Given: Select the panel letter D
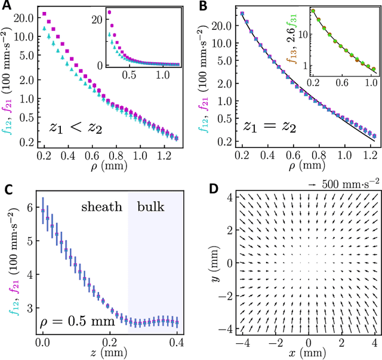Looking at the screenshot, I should click(202, 190).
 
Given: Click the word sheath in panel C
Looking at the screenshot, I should click(102, 207).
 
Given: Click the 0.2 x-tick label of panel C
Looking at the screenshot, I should click(110, 343).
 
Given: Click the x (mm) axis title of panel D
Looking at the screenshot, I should click(307, 354).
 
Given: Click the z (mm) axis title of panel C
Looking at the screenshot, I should click(110, 354).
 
